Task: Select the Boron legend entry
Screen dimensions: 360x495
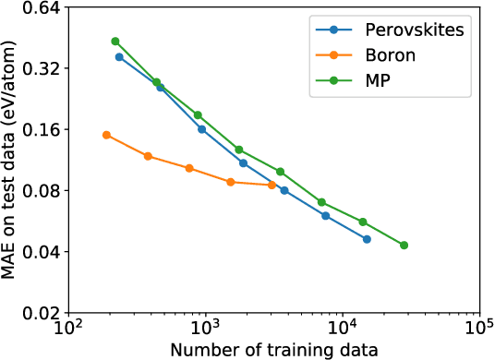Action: [x=387, y=54]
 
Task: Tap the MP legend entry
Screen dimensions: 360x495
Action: [x=375, y=80]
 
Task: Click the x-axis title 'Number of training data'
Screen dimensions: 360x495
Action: [x=273, y=350]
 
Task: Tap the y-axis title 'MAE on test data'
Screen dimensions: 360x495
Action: [x=11, y=160]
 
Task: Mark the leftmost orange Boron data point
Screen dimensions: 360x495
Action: [x=106, y=135]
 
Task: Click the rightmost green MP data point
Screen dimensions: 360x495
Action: [x=404, y=246]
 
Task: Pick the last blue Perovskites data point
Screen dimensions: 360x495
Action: [x=367, y=239]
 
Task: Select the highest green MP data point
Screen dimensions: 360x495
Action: [x=115, y=42]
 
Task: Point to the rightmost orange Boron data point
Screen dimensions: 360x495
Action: [x=272, y=185]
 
